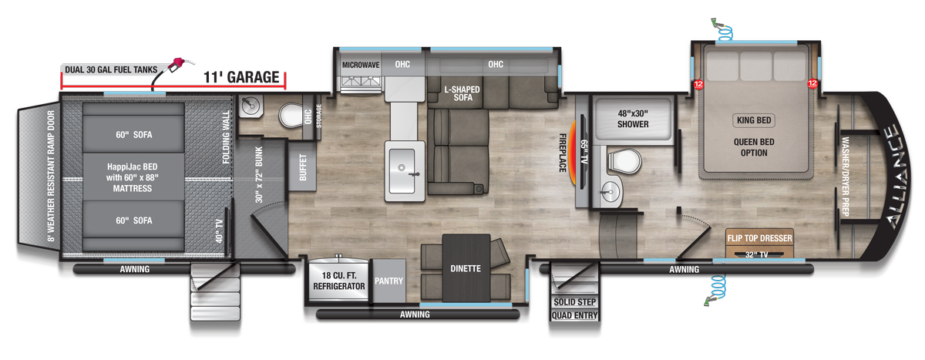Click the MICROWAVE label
coord(361,65)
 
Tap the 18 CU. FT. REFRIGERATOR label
coord(339,281)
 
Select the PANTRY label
coord(388,281)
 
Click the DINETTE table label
coord(466,269)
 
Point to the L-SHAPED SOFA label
coord(462,95)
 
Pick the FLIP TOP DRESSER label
coord(759,239)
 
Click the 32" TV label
coord(758,255)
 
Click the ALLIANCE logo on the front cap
coord(895,178)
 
